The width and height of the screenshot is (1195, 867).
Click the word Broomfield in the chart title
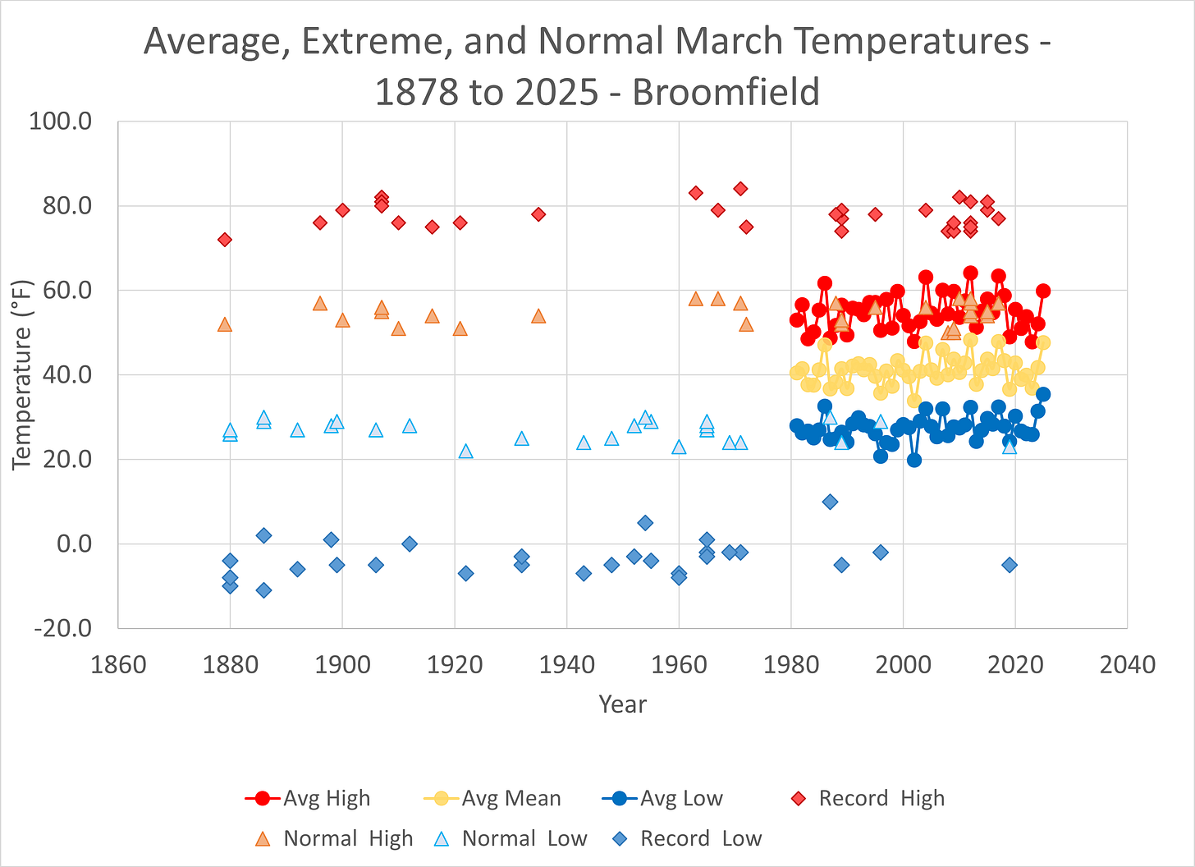[x=726, y=92]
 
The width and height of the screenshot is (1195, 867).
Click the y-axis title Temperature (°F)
[x=22, y=374]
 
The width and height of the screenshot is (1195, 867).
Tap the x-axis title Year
[x=622, y=704]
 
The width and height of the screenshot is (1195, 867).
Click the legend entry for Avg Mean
[x=511, y=798]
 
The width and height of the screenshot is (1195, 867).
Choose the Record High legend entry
[x=881, y=798]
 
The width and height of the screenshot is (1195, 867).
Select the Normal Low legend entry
[x=524, y=838]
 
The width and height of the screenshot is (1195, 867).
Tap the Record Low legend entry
[x=700, y=838]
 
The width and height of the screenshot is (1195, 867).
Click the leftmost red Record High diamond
[x=225, y=240]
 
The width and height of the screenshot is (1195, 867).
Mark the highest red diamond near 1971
[x=740, y=189]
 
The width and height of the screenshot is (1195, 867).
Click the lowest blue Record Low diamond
[x=263, y=590]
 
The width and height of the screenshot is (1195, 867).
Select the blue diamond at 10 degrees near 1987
[x=830, y=502]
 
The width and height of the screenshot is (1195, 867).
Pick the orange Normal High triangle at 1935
[x=538, y=316]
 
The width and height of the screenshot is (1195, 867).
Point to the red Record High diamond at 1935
[x=538, y=214]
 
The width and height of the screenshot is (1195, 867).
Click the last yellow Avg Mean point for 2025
[x=1043, y=343]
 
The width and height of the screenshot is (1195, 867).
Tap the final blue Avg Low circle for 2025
[x=1043, y=394]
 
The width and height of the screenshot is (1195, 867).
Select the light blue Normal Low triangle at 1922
[x=465, y=451]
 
